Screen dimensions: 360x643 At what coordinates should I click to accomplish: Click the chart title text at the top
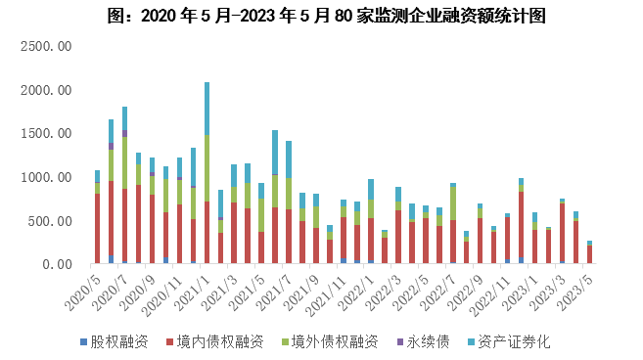click(x=323, y=17)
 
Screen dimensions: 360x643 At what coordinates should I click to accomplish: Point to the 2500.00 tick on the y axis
click(x=48, y=46)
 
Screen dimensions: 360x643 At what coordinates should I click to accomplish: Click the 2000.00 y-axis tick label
click(x=48, y=90)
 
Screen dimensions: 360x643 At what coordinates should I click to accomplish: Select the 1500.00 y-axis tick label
click(x=48, y=134)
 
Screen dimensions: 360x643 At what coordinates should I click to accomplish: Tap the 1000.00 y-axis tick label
click(x=48, y=178)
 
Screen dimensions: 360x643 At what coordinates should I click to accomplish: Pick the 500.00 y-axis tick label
click(x=51, y=221)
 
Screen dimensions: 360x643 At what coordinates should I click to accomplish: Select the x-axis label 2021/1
click(x=196, y=288)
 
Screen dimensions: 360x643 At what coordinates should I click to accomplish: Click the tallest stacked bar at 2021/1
click(x=207, y=176)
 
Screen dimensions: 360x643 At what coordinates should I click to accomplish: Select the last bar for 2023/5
click(x=589, y=253)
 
